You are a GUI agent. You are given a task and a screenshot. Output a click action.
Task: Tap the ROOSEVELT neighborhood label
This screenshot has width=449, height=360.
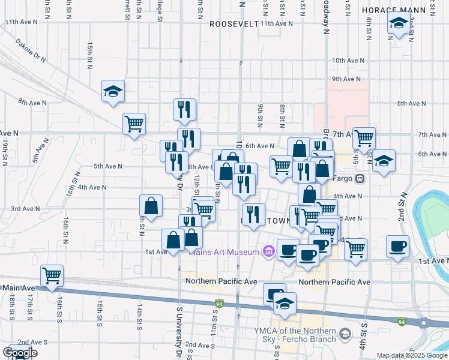click(x=234, y=24)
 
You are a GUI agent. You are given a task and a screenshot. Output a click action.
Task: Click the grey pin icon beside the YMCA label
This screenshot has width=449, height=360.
click(x=345, y=333)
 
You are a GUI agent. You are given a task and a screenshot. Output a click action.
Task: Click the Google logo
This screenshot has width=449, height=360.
click(x=20, y=353)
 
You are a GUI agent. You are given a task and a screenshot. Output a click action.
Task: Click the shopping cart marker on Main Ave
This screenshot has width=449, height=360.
click(x=52, y=275)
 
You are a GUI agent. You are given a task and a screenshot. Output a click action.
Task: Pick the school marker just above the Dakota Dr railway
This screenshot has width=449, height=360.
click(x=113, y=91)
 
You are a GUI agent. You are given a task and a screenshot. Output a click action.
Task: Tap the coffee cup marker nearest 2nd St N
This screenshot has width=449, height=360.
click(x=398, y=246)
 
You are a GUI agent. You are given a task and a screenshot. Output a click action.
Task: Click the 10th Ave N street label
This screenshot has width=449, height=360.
click(x=349, y=61)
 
